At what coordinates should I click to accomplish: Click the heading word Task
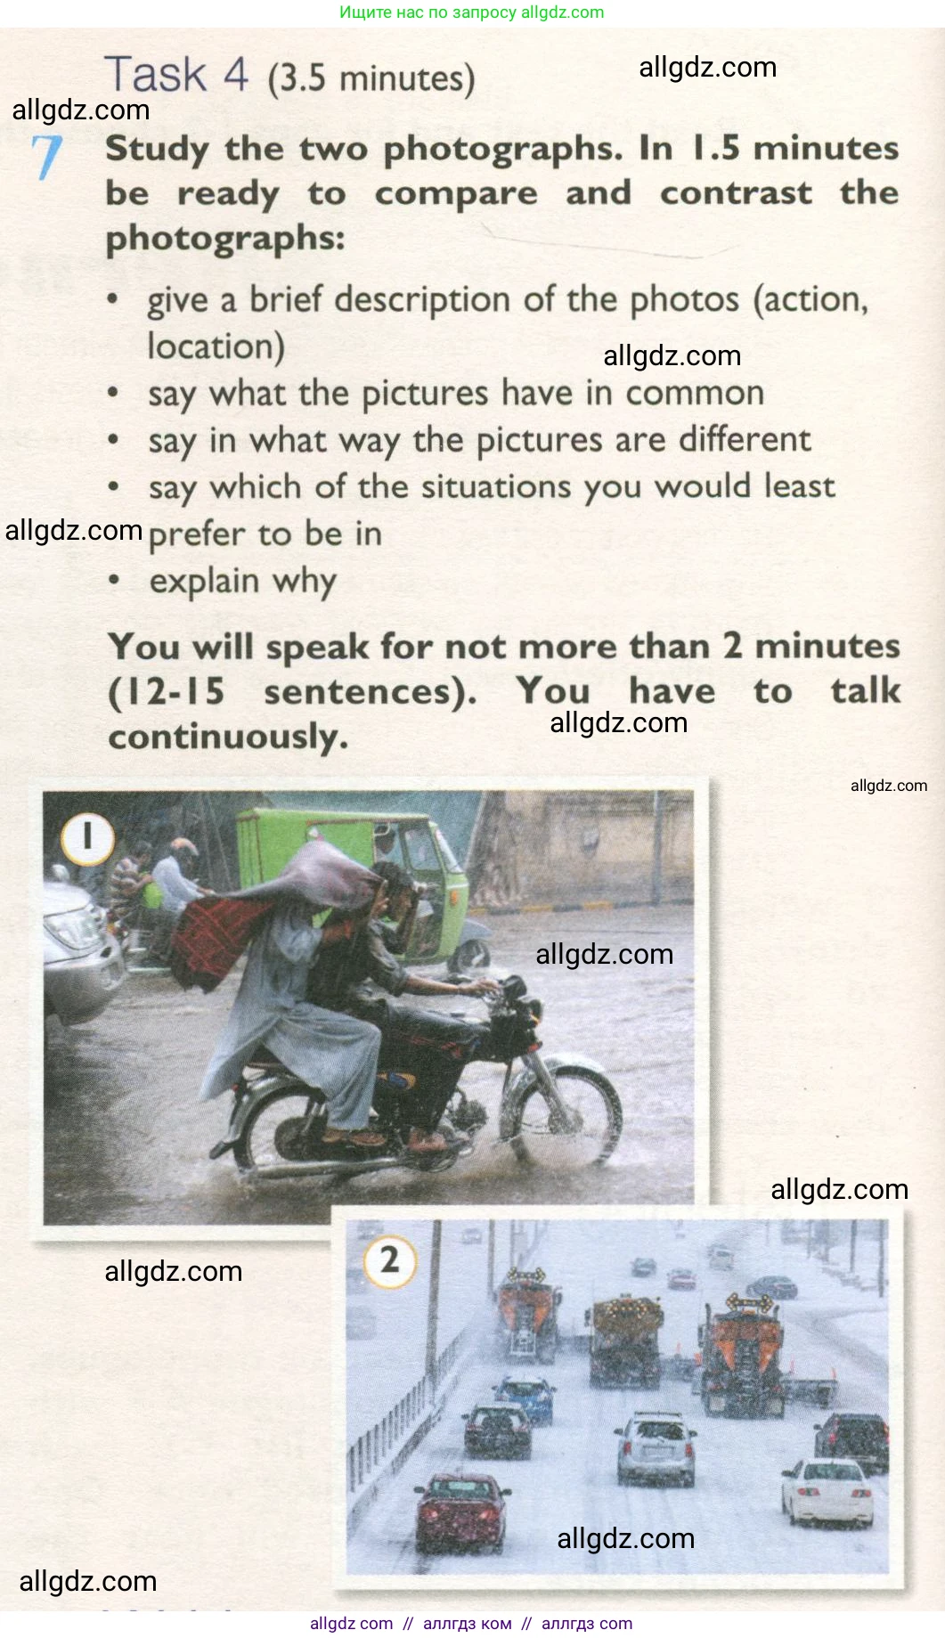[x=156, y=74]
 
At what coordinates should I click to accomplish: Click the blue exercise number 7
[x=47, y=157]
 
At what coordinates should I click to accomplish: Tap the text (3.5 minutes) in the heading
[x=371, y=79]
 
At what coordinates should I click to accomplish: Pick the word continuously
[x=228, y=737]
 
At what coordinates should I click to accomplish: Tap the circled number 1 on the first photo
[x=87, y=838]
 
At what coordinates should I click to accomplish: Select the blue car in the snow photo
[x=524, y=1398]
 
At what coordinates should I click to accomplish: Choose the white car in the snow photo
[x=827, y=1493]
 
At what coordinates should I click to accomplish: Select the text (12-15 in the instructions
[x=166, y=692]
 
